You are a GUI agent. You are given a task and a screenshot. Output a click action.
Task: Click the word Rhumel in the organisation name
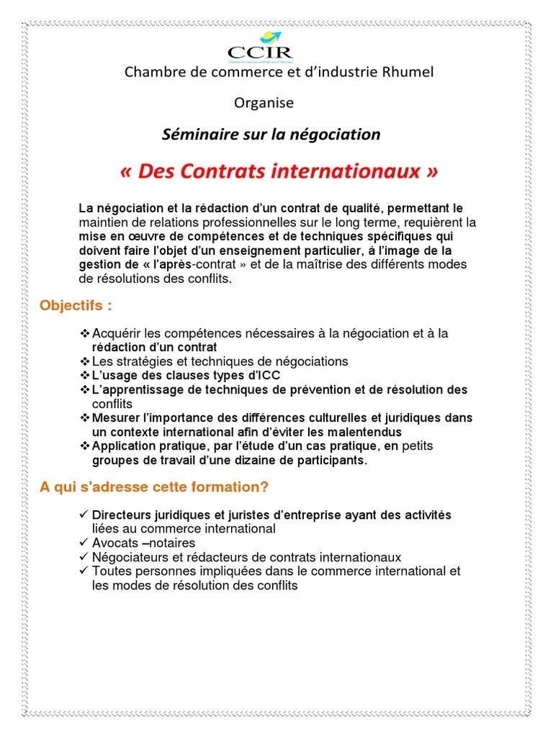(408, 73)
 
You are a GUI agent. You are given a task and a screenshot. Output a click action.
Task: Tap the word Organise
(264, 103)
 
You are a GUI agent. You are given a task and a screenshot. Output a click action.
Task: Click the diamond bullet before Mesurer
(84, 418)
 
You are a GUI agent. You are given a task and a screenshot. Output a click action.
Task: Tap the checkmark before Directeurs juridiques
(84, 515)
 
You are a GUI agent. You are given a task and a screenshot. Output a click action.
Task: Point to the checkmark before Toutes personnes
(84, 571)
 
